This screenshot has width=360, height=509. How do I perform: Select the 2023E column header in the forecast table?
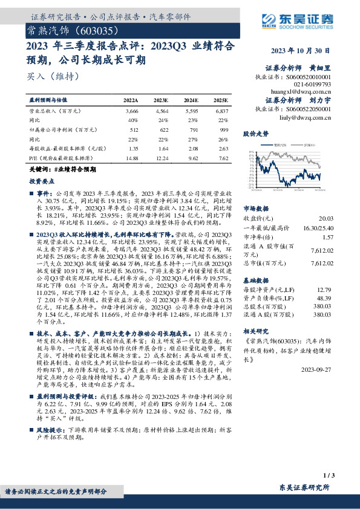pyautogui.click(x=160, y=100)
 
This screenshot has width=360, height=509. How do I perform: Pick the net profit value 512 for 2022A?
pyautogui.click(x=133, y=129)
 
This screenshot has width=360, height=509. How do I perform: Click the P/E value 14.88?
pyautogui.click(x=131, y=157)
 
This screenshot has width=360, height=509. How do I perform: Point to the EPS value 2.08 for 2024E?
pyautogui.click(x=192, y=148)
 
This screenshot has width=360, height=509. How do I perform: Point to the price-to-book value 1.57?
pyautogui.click(x=327, y=238)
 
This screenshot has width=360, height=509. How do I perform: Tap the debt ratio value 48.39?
pyautogui.click(x=326, y=297)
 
